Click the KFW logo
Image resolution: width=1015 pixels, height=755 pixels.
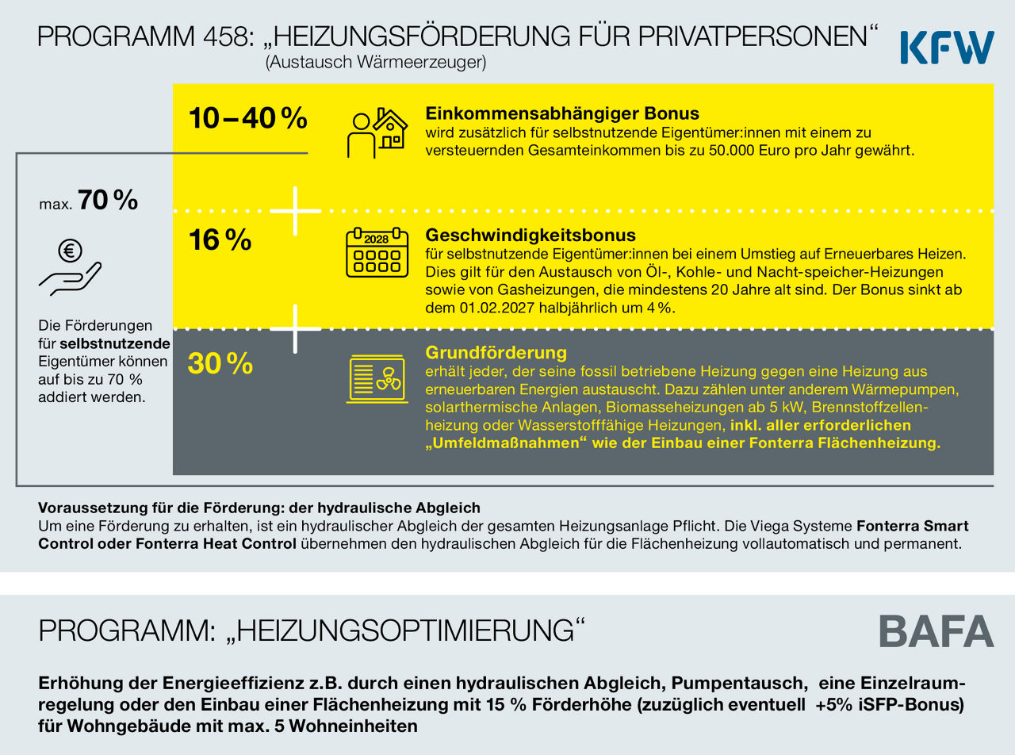tap(948, 47)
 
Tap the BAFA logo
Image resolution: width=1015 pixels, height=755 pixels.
tap(936, 631)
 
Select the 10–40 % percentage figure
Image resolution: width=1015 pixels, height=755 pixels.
tap(248, 118)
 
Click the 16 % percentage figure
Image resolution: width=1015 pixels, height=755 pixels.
tap(220, 240)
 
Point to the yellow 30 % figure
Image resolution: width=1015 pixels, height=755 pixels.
tap(220, 363)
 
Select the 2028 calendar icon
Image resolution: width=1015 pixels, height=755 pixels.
tap(377, 252)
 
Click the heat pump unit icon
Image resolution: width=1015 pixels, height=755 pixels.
tap(377, 378)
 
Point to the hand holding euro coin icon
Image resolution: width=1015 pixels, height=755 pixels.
tap(70, 267)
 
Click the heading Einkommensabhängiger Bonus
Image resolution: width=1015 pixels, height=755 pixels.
tap(562, 113)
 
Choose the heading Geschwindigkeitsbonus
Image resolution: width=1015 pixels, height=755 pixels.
tap(530, 235)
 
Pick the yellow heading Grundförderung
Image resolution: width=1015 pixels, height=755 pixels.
tap(496, 353)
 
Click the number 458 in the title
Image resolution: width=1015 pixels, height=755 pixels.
tap(228, 36)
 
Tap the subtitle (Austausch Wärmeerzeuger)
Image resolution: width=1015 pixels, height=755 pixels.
tap(376, 62)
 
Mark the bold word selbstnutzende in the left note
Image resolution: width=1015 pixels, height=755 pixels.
tap(115, 343)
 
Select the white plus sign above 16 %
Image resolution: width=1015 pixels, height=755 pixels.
tap(295, 211)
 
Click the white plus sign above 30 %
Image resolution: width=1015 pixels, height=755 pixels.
tap(295, 329)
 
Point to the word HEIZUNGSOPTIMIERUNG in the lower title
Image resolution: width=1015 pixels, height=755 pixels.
tap(405, 631)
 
